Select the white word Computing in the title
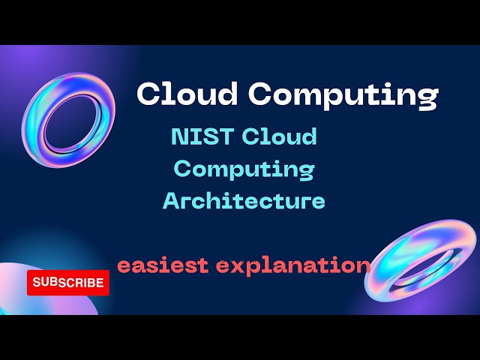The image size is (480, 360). (x=343, y=95)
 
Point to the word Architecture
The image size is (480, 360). (x=244, y=201)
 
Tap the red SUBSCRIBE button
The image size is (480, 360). (x=68, y=283)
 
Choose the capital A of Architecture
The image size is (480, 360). (x=171, y=201)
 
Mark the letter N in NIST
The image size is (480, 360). (x=180, y=136)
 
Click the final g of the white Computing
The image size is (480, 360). (x=427, y=97)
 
